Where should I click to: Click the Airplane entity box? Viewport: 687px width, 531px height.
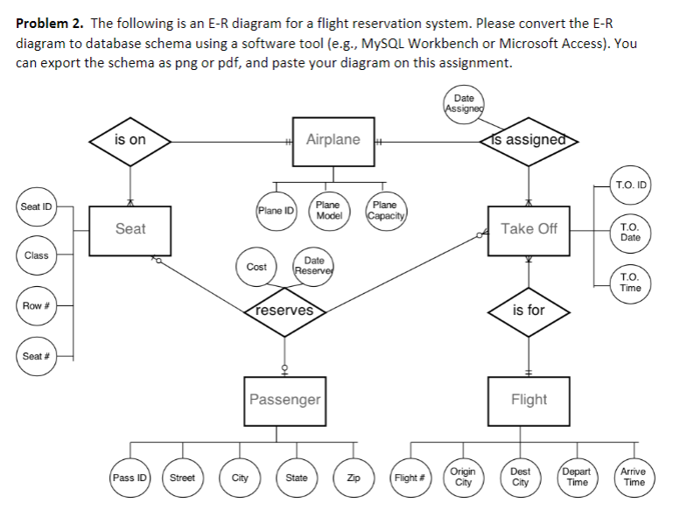click(x=333, y=140)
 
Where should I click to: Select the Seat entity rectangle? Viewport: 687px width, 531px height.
click(x=130, y=229)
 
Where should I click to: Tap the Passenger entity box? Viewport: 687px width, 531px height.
click(x=284, y=400)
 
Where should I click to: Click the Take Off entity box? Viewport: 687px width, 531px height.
click(x=529, y=229)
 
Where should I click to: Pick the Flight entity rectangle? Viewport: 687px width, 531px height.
click(x=529, y=400)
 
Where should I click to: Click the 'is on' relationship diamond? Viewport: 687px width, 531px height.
click(x=130, y=140)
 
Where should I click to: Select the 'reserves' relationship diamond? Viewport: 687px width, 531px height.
click(x=284, y=311)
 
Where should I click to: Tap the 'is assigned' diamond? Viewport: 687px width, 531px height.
click(x=529, y=140)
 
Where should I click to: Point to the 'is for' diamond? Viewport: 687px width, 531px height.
click(x=529, y=311)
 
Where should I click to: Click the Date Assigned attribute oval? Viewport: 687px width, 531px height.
click(x=464, y=104)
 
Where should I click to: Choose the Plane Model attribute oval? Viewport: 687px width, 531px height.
click(x=327, y=210)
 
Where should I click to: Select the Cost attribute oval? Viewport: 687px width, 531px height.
click(x=257, y=266)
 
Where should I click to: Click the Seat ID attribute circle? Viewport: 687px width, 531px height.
click(x=36, y=207)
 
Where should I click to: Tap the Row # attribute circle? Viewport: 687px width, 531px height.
click(x=36, y=305)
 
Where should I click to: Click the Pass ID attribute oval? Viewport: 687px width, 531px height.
click(x=129, y=478)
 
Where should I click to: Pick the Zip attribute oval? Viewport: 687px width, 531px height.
click(x=354, y=478)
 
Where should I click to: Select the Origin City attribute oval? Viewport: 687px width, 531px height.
click(x=464, y=478)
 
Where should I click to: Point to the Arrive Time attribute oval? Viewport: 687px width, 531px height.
click(x=634, y=478)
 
